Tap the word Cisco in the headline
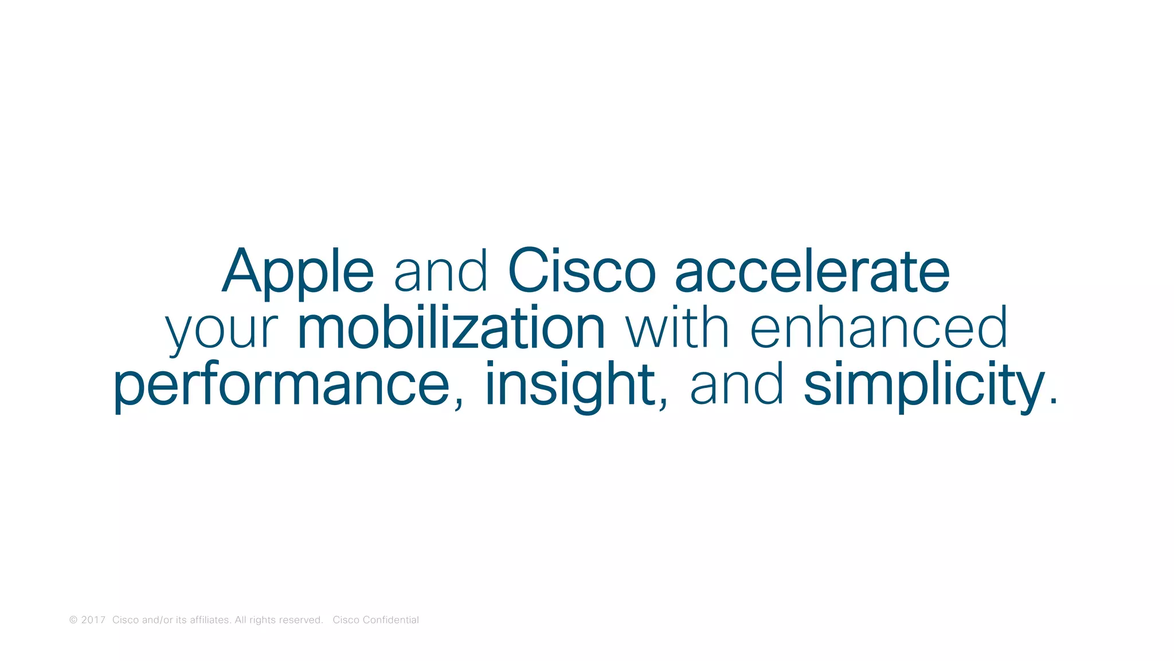[581, 271]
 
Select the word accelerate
[812, 271]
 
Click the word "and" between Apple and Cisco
[440, 271]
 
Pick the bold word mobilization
[451, 329]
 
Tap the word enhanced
[879, 329]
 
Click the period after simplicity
[1052, 402]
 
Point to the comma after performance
[459, 404]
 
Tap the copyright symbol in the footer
[73, 620]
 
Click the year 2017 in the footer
[93, 620]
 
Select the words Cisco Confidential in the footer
[375, 620]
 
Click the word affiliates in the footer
[210, 620]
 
